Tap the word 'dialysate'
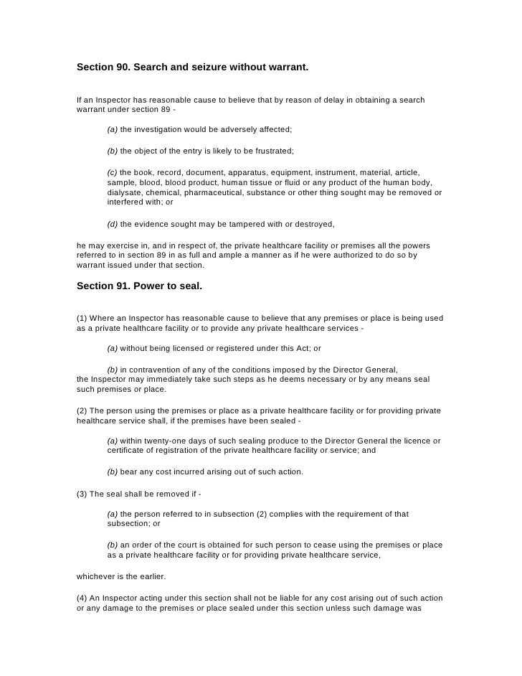[x=125, y=193]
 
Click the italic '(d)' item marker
[x=113, y=225]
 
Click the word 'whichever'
[x=97, y=576]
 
